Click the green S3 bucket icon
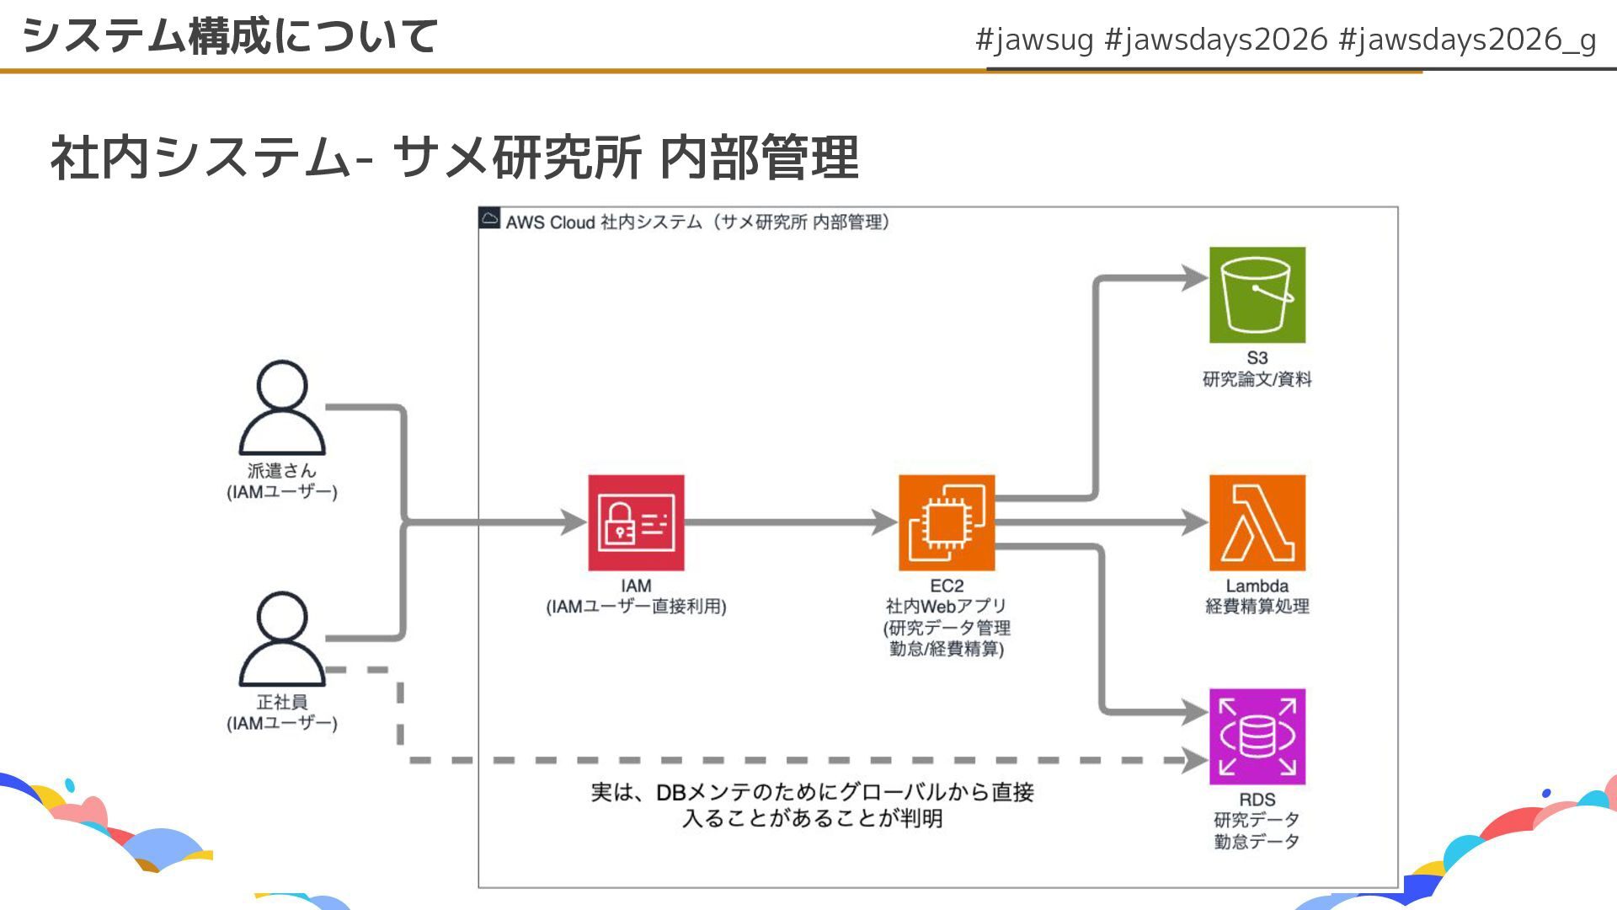1257,295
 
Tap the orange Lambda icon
1257,522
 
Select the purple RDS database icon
1257,736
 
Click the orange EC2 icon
946,522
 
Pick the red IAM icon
636,522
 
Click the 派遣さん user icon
282,409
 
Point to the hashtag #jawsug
1034,40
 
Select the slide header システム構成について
230,36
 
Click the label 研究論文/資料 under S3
1257,379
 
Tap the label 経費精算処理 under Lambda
1257,607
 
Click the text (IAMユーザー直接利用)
636,607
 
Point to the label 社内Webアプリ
946,607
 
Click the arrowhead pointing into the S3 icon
1196,278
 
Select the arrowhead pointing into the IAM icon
574,522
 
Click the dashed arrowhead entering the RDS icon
1196,760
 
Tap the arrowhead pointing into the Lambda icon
1196,522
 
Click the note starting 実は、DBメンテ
812,805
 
